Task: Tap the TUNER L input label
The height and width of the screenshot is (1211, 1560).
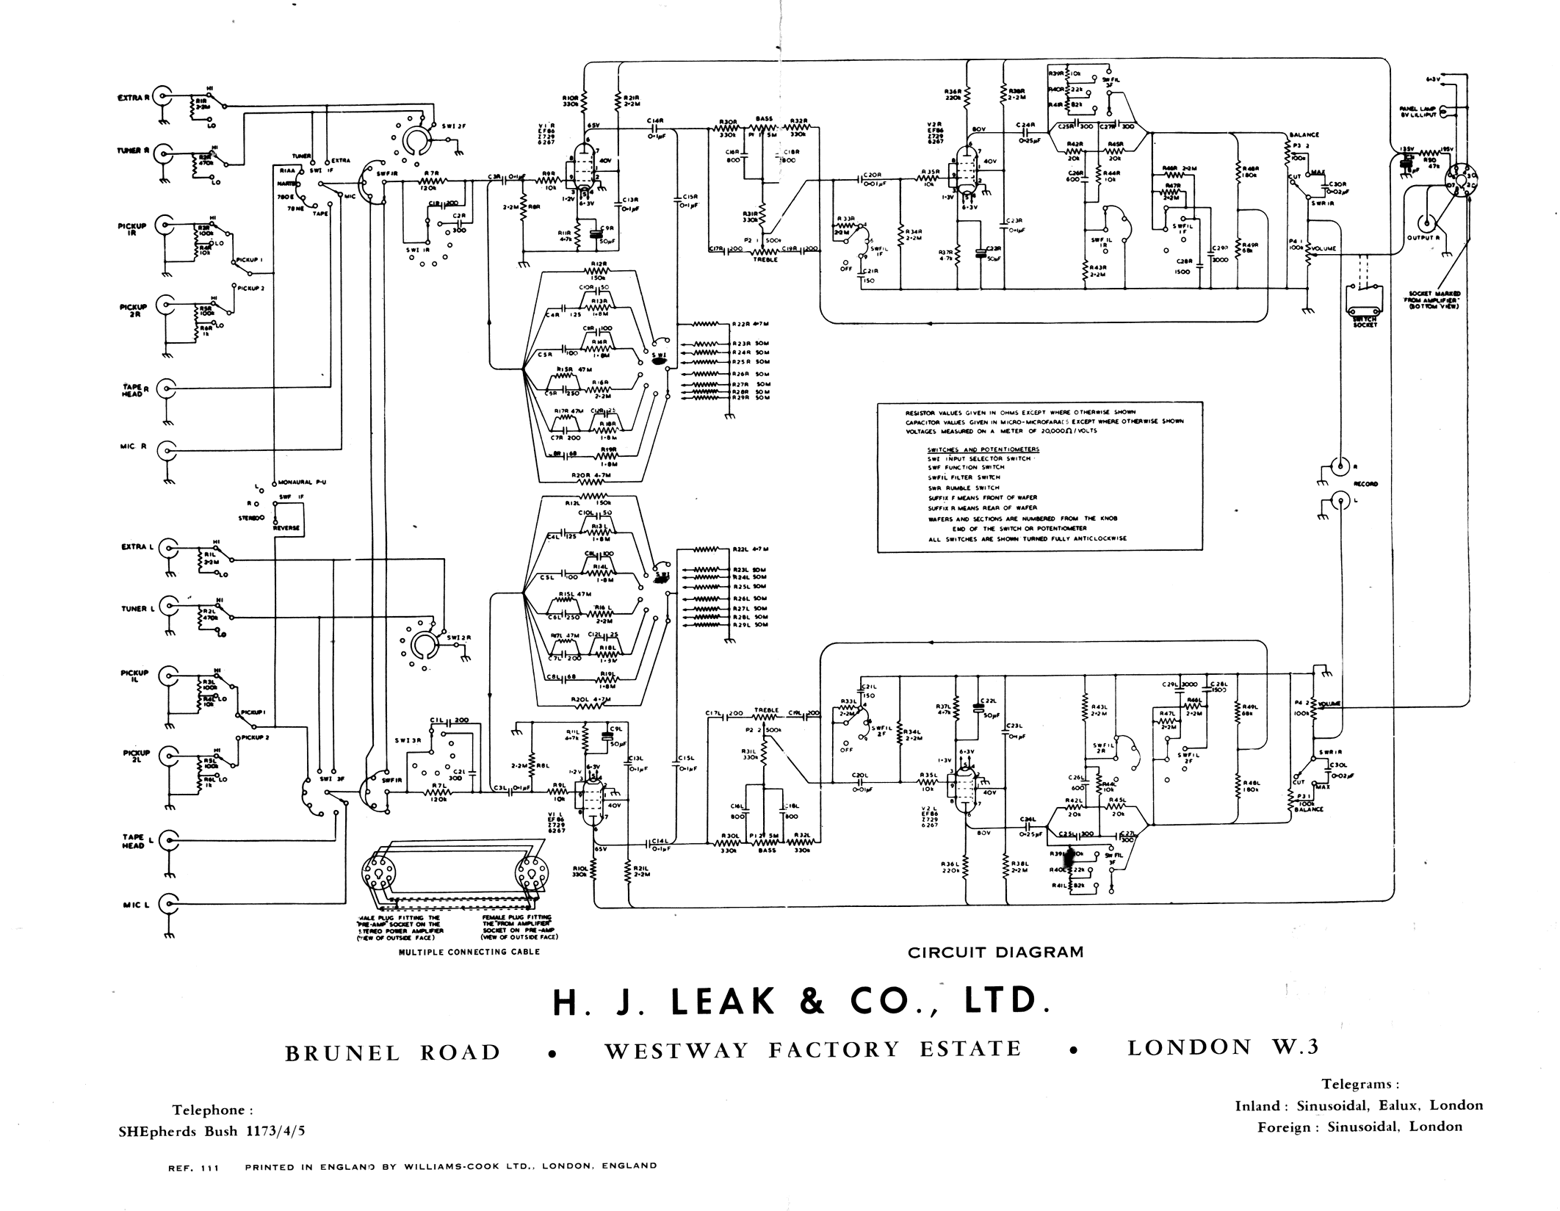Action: (134, 609)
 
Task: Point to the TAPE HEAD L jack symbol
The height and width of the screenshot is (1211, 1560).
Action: (169, 839)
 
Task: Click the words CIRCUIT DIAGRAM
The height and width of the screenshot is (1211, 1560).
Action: (995, 952)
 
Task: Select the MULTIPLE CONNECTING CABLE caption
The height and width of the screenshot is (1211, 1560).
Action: (469, 952)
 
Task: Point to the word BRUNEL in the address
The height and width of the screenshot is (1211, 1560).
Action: (342, 1053)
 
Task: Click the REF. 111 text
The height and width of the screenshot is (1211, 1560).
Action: (194, 1166)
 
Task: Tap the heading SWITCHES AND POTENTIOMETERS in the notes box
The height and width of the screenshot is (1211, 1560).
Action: (983, 449)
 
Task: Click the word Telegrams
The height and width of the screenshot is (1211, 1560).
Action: (1360, 1084)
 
